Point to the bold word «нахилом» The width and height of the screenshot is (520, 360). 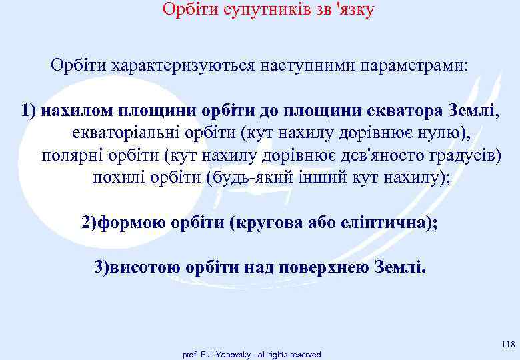click(x=71, y=109)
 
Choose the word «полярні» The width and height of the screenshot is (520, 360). click(x=69, y=155)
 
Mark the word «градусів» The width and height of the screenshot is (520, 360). click(x=463, y=155)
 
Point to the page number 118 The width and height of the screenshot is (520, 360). click(x=507, y=344)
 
